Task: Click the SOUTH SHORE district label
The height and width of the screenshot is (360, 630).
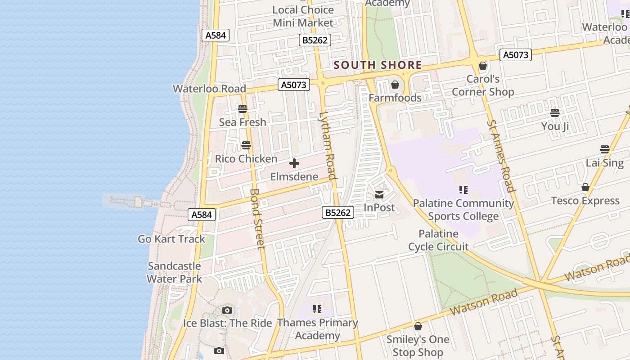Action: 378,65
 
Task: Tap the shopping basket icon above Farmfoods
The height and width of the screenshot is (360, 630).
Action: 395,85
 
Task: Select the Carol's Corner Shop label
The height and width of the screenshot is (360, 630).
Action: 483,85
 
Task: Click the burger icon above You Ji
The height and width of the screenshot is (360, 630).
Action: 555,113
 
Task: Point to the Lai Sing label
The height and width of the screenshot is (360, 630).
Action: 605,163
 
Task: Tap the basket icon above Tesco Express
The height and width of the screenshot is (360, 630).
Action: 585,187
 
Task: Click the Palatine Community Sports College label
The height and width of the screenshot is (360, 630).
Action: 463,210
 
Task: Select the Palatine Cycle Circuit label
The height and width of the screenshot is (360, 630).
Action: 438,240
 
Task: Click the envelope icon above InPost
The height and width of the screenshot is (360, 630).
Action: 379,195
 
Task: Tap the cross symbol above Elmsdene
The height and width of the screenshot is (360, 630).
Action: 294,163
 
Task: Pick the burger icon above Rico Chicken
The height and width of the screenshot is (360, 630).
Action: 246,145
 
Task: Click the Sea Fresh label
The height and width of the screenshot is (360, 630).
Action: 243,122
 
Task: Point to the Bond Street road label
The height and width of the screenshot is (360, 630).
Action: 257,219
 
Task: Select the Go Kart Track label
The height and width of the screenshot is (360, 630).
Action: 171,239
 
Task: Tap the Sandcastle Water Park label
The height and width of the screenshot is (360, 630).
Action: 174,272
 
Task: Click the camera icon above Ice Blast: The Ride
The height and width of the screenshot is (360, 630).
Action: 227,310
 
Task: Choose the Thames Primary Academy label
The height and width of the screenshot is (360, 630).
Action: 318,329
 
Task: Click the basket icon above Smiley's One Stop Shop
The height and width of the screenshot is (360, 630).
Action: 418,326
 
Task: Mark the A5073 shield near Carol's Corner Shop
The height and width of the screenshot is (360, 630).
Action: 516,55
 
